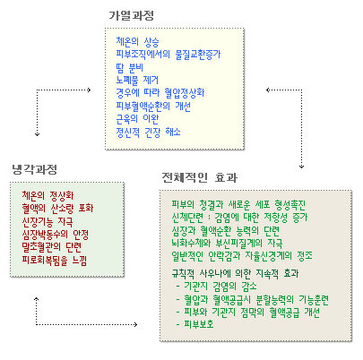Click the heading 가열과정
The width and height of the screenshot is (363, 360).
(x=131, y=15)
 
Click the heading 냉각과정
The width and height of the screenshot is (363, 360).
(x=35, y=169)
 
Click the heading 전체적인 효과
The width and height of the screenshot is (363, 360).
(x=200, y=177)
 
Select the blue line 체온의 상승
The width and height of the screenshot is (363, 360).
(x=137, y=42)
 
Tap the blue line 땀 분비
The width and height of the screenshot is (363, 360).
(x=130, y=68)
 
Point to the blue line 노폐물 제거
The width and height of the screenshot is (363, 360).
(x=137, y=81)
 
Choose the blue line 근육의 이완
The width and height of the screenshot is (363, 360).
(x=137, y=119)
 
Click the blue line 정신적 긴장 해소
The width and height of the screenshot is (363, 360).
(x=148, y=132)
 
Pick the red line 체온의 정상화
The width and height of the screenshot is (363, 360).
(x=48, y=195)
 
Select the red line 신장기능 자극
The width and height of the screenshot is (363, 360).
(x=48, y=221)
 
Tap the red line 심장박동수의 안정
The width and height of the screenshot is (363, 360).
(x=56, y=235)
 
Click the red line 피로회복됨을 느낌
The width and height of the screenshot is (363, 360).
(x=55, y=261)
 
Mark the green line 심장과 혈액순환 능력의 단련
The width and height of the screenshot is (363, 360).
(x=226, y=230)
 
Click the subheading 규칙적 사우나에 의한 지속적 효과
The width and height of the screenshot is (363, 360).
(x=235, y=273)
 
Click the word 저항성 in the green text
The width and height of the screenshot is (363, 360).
(x=274, y=217)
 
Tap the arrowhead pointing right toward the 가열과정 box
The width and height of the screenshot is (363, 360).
(x=89, y=90)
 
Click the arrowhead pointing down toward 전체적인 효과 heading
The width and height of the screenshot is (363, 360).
(x=301, y=167)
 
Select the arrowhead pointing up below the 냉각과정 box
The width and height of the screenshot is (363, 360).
(x=37, y=299)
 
